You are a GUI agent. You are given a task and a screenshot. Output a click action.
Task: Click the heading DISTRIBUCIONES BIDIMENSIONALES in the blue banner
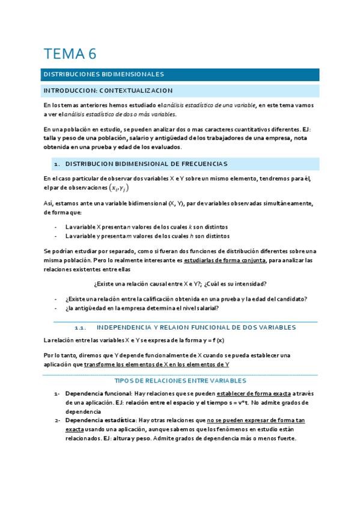point(103,75)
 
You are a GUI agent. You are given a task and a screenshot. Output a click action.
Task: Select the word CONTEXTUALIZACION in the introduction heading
point(136,90)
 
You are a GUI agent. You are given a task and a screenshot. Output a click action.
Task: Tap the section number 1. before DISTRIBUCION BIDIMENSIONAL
point(57,164)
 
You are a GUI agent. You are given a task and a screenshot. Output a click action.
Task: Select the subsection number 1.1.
point(79,328)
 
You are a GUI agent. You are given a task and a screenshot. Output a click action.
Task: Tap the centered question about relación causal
point(180,283)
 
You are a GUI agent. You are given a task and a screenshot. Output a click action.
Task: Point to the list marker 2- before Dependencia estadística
point(57,420)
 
